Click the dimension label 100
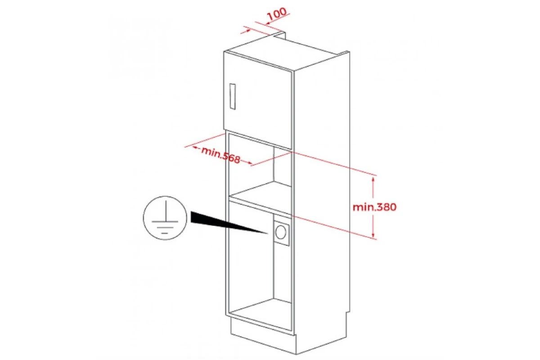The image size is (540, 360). tap(277, 14)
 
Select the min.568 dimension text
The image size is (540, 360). tap(221, 155)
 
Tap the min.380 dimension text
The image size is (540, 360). tap(374, 207)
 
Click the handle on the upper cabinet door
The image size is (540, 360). tap(232, 96)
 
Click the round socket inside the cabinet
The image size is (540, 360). tap(281, 232)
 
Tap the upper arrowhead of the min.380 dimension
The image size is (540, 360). tap(373, 180)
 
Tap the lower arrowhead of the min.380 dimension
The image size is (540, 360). tap(373, 235)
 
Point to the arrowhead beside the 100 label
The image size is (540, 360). tap(268, 23)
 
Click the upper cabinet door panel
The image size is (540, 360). tap(258, 100)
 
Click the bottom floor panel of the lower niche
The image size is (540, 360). tap(261, 314)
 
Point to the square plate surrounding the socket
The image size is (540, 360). tap(282, 233)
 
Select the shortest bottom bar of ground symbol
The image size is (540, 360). tap(164, 233)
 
